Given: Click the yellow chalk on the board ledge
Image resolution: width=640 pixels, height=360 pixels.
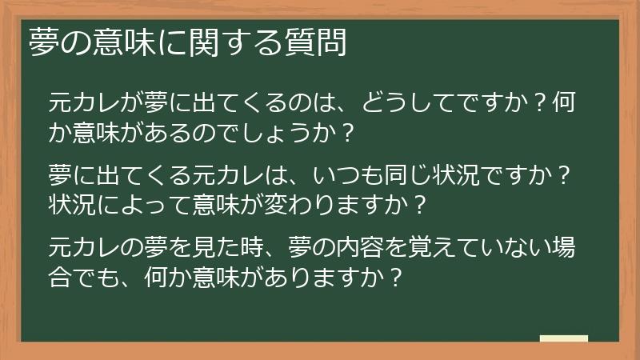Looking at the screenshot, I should (x=564, y=339).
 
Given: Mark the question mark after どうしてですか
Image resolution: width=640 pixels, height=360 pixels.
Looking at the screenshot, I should (x=542, y=103).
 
